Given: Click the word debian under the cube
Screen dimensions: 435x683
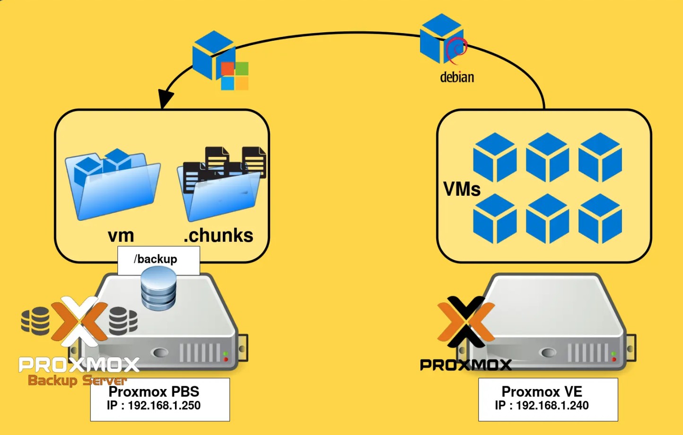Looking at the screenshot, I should pos(457,77).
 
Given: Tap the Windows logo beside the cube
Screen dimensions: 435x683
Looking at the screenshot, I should pos(235,76).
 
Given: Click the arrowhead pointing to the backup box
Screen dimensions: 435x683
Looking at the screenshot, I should pos(165,99).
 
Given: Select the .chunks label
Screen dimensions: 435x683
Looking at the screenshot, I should pos(219,235).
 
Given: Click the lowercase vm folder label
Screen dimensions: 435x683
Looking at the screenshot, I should pos(121,235).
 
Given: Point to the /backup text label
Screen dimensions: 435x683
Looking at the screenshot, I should pos(156,259).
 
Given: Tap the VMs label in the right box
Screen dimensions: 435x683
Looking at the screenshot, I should pos(462,189).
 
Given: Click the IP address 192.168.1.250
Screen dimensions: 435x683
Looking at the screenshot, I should pos(164,406).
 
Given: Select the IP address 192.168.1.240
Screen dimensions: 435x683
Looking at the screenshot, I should pos(552,406).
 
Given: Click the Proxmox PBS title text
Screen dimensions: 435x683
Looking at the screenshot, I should pos(154,391).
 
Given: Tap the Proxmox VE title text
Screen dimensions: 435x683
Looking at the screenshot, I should pos(542,391).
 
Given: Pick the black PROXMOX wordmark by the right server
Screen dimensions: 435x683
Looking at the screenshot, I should pos(466,364).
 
